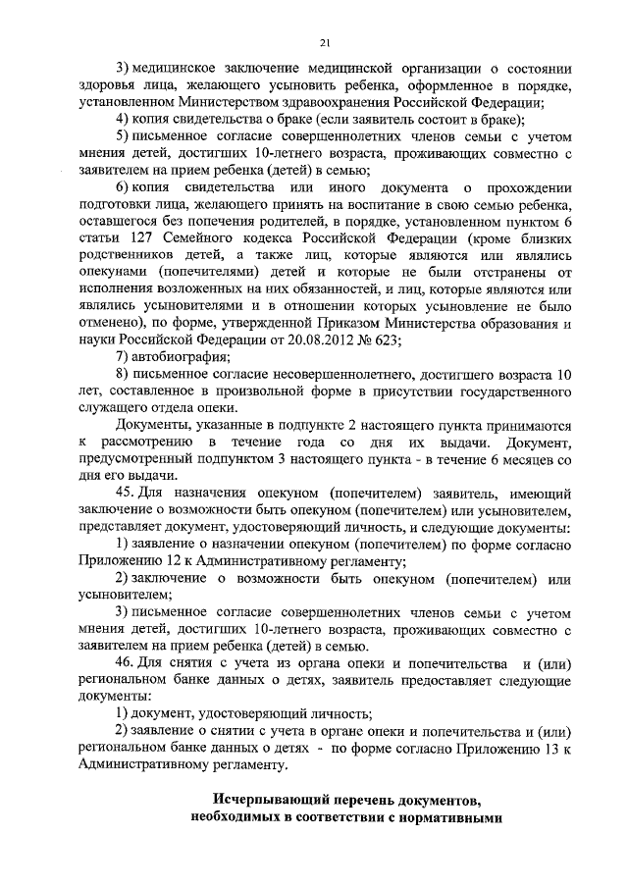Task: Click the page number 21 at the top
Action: (x=324, y=40)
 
